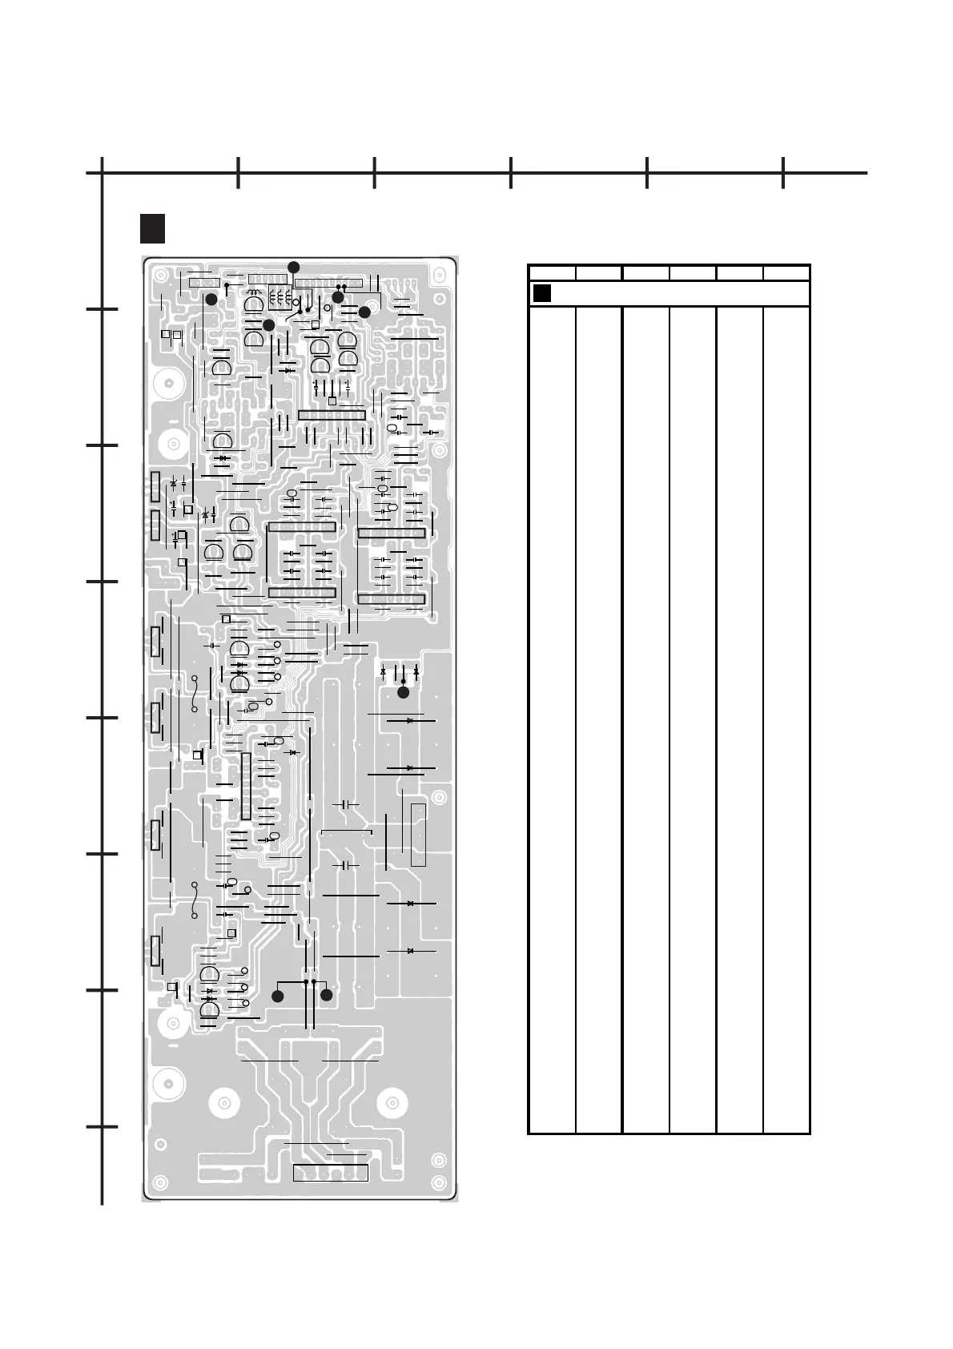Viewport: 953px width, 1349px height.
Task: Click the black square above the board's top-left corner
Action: click(x=152, y=228)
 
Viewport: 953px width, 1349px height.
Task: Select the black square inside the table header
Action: click(x=542, y=293)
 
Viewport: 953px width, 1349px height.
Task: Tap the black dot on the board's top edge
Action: click(x=294, y=267)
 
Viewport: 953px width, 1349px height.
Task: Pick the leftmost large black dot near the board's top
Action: click(x=211, y=299)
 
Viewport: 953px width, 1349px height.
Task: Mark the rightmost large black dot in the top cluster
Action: click(x=364, y=312)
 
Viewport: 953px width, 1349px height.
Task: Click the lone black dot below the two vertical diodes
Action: click(x=404, y=692)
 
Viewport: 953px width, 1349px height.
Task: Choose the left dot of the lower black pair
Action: click(x=278, y=996)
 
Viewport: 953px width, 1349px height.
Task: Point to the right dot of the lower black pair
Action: click(x=327, y=996)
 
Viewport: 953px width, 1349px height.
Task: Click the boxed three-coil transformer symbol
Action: click(x=278, y=298)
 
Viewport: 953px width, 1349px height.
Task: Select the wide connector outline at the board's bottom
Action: click(x=330, y=1173)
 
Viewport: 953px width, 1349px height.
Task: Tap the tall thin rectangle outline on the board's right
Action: click(x=418, y=835)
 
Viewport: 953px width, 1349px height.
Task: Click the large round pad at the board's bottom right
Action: click(x=392, y=1104)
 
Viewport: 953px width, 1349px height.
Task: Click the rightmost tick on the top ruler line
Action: click(x=783, y=174)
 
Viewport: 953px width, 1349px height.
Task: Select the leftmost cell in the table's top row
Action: click(x=552, y=272)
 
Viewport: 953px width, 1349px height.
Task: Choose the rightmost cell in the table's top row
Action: click(x=786, y=272)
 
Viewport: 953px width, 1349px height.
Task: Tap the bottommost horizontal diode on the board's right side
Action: click(x=410, y=951)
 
